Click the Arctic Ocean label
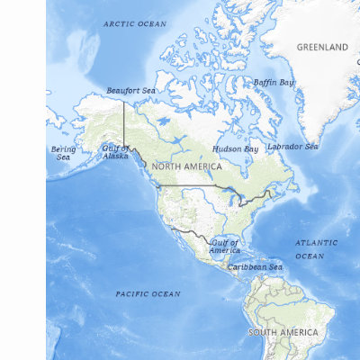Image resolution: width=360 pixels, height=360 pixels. click(135, 23)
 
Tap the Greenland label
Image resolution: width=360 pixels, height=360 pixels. click(323, 47)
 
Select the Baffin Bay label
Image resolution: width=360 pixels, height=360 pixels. click(273, 82)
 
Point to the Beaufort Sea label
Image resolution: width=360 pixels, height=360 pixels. click(130, 91)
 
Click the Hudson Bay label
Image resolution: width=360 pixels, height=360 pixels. click(235, 148)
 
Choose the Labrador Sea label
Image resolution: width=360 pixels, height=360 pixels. click(292, 146)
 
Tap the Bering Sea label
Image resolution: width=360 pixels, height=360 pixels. click(63, 153)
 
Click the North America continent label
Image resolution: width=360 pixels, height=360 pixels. click(186, 166)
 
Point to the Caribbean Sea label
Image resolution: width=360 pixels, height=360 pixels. click(255, 267)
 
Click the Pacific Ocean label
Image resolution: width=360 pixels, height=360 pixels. click(148, 293)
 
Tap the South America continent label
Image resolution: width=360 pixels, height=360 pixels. click(283, 332)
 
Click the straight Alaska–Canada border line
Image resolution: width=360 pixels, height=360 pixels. click(123, 121)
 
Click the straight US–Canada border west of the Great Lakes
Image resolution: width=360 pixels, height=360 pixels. click(193, 186)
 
